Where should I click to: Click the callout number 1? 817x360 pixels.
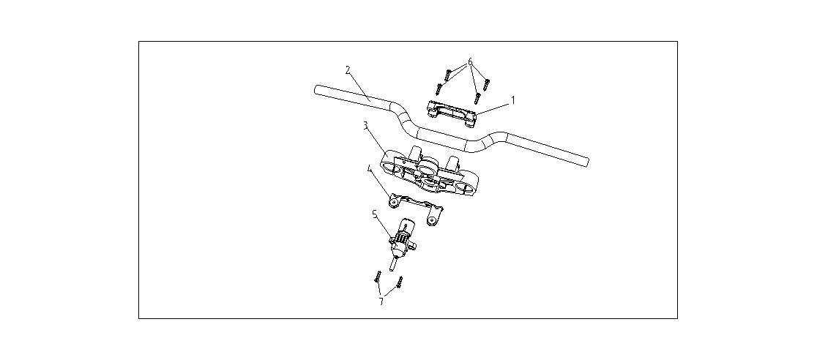[x=512, y=100]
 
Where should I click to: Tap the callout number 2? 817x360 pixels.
[x=348, y=70]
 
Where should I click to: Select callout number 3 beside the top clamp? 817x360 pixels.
[x=366, y=126]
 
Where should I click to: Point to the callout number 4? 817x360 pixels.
[x=369, y=169]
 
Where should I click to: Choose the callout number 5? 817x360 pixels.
[x=374, y=213]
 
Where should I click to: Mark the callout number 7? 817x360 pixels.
[x=381, y=301]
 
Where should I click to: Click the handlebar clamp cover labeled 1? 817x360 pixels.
[x=451, y=113]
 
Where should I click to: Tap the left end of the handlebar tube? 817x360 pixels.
[x=316, y=89]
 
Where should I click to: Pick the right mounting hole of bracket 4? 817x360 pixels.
[x=430, y=220]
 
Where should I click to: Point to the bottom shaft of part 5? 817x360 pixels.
[x=393, y=263]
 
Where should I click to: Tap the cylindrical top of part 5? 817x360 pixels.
[x=406, y=227]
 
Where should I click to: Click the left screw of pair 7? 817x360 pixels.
[x=377, y=277]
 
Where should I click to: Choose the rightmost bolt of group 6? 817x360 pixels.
[x=487, y=84]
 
